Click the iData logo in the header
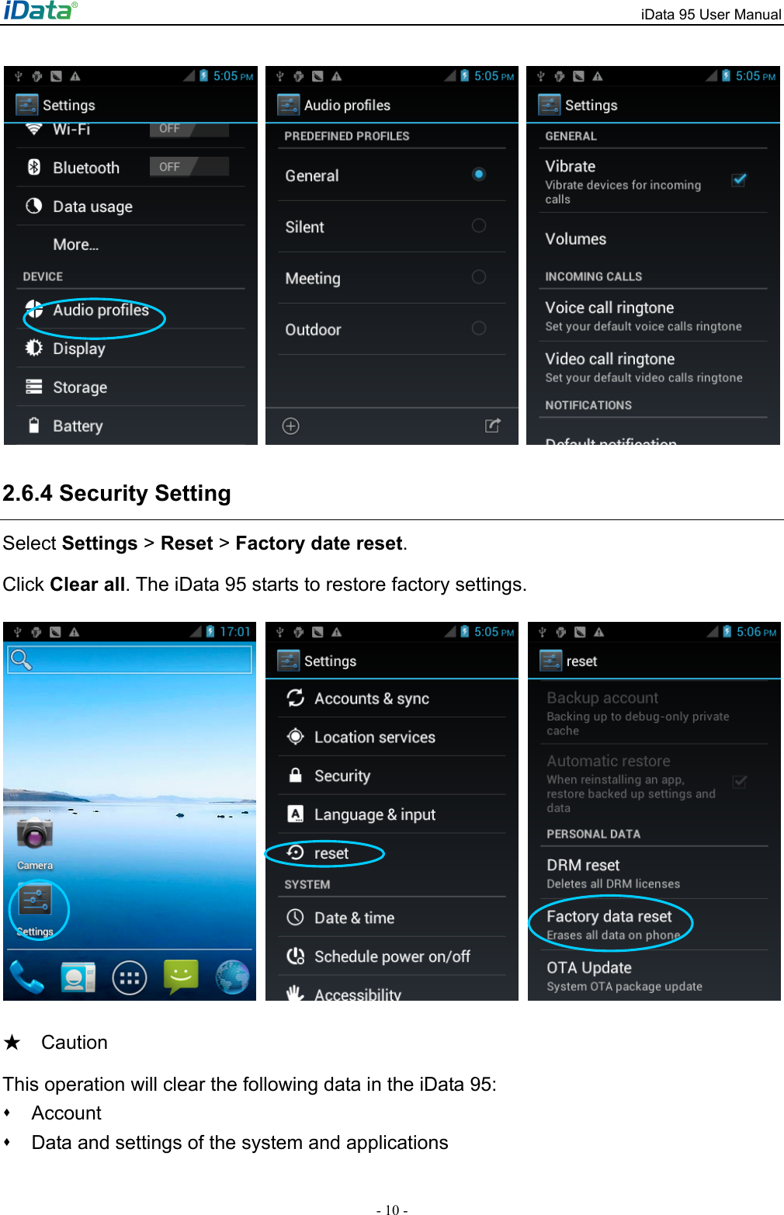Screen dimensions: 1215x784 [x=40, y=10]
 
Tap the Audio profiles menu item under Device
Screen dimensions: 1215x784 [x=100, y=311]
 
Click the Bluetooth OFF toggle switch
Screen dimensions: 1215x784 [x=189, y=167]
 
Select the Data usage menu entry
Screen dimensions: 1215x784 [x=92, y=207]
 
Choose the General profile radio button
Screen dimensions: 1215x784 [x=479, y=175]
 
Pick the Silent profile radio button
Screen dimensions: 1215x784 [x=479, y=226]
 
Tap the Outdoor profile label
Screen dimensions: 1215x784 [x=313, y=330]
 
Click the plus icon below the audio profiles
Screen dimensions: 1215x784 [x=291, y=426]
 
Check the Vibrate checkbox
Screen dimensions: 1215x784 [x=739, y=180]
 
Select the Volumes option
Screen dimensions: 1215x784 [x=575, y=239]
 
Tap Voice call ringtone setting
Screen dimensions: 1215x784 [x=609, y=308]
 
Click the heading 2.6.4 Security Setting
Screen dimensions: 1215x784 [x=117, y=494]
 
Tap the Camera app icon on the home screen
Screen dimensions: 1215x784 [x=35, y=834]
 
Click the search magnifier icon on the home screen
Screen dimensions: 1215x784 [x=21, y=660]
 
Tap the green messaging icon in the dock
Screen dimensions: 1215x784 [x=181, y=975]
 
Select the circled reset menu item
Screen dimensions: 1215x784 [x=331, y=854]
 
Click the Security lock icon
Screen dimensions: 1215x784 [x=296, y=776]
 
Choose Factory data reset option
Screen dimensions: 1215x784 [x=609, y=918]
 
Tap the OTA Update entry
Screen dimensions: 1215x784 [x=589, y=968]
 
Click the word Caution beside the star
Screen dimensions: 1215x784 [x=75, y=1043]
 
